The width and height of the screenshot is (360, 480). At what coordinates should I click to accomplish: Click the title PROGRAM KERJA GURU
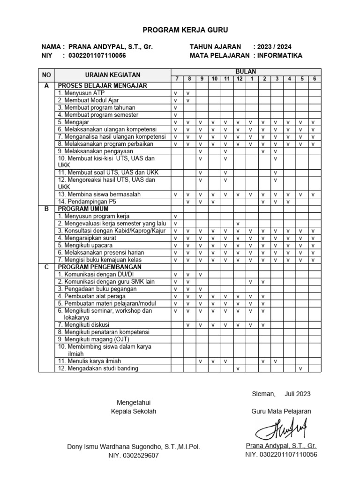coord(179,30)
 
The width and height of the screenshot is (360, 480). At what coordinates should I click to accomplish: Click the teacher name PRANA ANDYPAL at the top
coord(110,47)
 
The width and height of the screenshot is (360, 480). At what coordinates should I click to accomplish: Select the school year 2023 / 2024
coord(272,47)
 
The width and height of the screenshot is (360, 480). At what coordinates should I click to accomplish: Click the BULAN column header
coord(246,71)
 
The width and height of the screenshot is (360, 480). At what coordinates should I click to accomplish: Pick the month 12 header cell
coord(239,78)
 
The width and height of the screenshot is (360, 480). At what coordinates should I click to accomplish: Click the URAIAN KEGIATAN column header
coord(112,75)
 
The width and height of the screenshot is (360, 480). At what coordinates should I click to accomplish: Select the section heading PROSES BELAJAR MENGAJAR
coord(102,86)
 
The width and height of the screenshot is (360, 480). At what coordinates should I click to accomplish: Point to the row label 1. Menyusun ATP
coord(78,93)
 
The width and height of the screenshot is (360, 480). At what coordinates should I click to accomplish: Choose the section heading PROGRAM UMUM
coord(83,209)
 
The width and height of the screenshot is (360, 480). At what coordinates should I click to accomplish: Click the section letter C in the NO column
coord(46,267)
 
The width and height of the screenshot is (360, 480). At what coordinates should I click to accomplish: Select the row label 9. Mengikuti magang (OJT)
coord(93,339)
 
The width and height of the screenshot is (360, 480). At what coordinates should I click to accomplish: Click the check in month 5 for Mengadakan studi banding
coord(301,369)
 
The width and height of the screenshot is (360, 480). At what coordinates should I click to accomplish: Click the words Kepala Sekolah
coord(134,412)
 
